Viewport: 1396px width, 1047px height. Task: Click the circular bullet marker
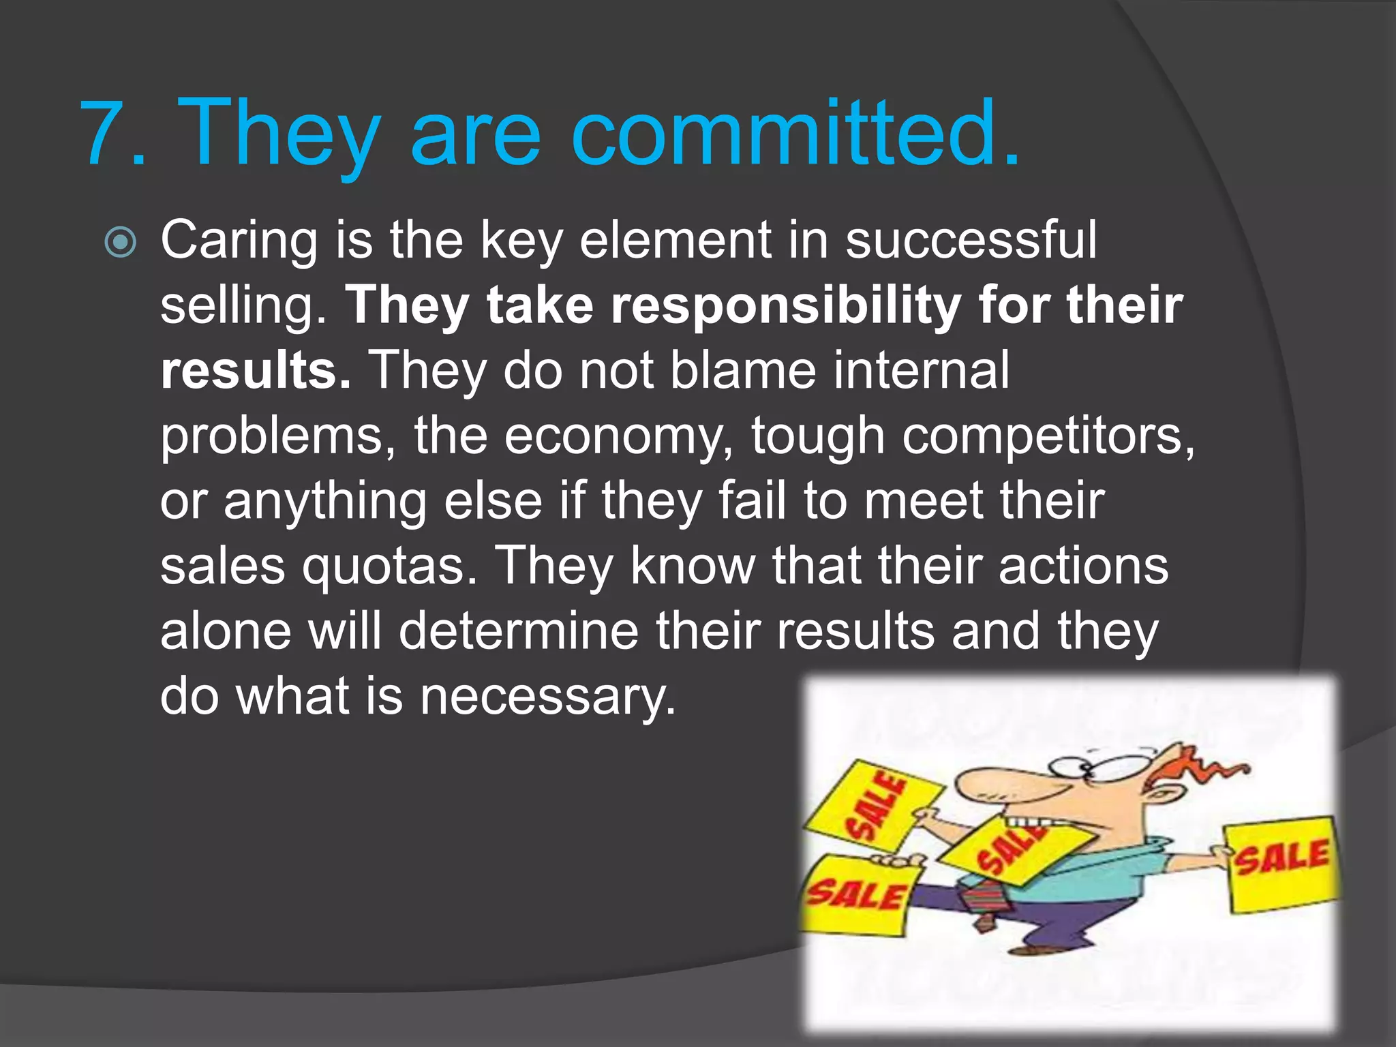pyautogui.click(x=121, y=242)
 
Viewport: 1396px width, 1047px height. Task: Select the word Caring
pyautogui.click(x=239, y=242)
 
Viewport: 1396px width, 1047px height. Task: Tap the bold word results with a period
pyautogui.click(x=256, y=371)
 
